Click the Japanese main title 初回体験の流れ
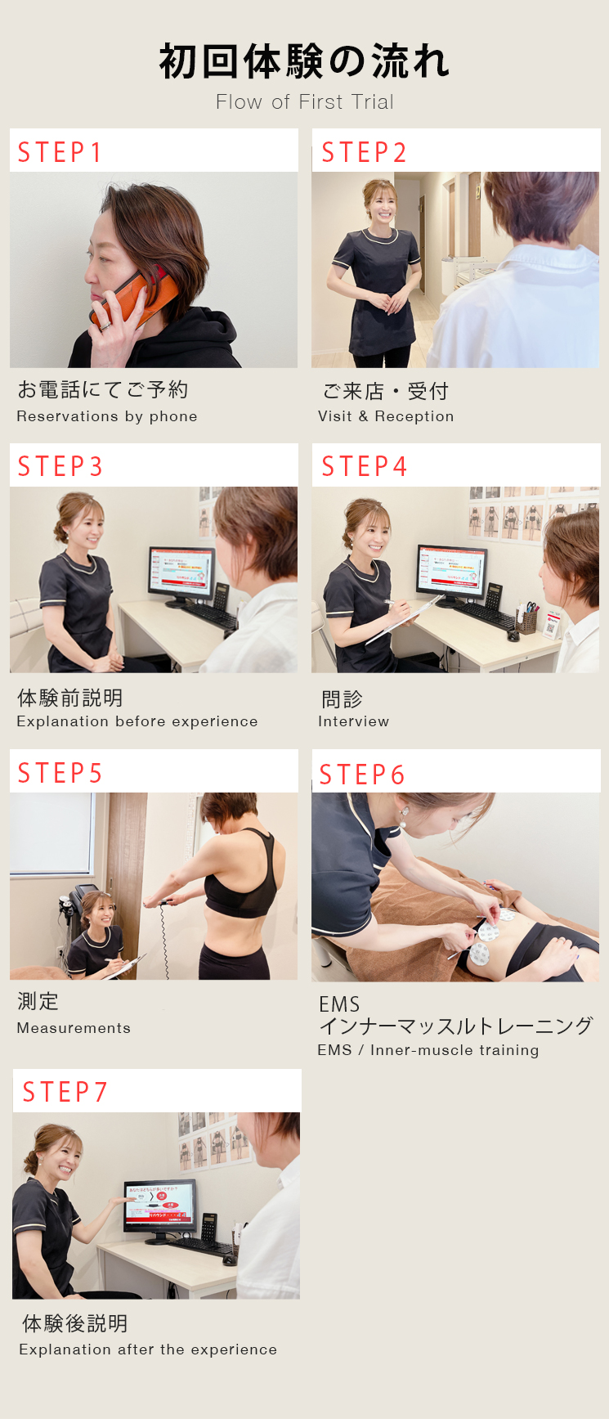[x=304, y=62]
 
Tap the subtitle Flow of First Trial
[x=305, y=102]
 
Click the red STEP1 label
[x=60, y=152]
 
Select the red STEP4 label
[x=364, y=466]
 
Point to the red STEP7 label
[x=65, y=1092]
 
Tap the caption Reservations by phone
[x=107, y=416]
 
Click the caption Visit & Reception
[x=386, y=416]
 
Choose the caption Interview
[x=353, y=721]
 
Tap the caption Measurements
[x=74, y=1028]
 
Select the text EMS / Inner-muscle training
[x=428, y=1050]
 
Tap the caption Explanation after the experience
[x=148, y=1349]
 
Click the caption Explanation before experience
[x=137, y=721]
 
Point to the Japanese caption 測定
[x=38, y=1001]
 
